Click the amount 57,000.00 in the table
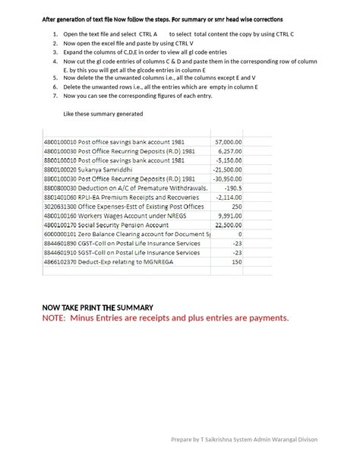(228, 141)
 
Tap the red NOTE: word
(53, 317)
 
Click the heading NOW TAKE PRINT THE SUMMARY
(97, 307)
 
